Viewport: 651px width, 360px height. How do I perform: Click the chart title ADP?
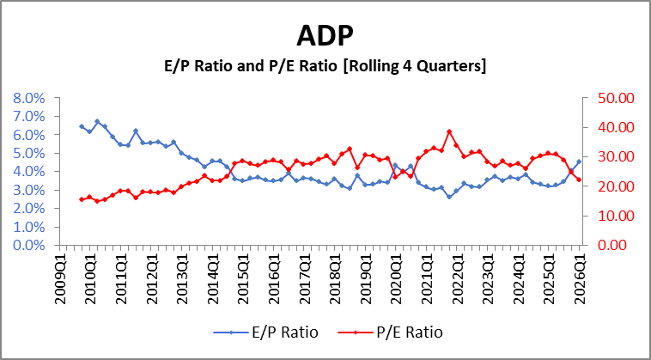point(325,35)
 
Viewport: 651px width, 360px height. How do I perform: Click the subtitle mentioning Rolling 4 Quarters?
point(325,66)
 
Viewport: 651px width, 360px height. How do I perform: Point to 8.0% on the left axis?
point(31,98)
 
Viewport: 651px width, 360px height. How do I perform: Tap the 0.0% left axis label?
point(31,245)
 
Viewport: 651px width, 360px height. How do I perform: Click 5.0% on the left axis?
point(31,153)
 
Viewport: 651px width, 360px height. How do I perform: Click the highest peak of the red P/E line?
point(449,131)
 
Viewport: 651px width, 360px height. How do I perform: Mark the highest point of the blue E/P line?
point(97,121)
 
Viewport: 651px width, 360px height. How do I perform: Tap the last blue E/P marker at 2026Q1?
point(579,162)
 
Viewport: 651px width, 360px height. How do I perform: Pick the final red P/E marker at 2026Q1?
point(579,180)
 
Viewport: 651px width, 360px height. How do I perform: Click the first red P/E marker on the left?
point(82,199)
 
